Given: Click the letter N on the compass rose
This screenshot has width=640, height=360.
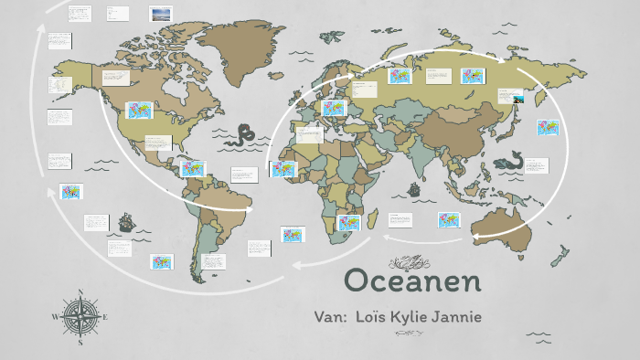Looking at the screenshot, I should coord(80,294).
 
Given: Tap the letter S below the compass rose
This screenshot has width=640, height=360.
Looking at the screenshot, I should coord(80,344).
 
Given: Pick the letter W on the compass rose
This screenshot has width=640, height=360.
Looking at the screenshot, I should coord(55,318).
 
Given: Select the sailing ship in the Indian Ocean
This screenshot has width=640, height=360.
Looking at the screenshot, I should coord(413,191).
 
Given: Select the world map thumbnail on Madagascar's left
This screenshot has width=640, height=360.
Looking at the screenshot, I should coord(348,222).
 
